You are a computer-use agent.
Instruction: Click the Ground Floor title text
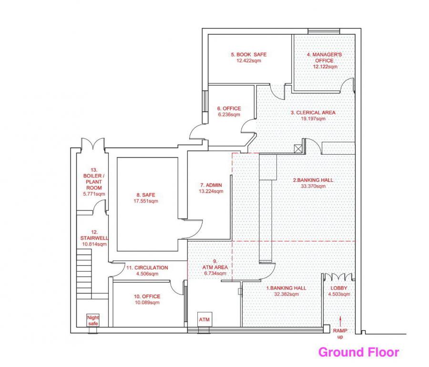click(x=358, y=352)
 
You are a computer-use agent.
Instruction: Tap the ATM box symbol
click(x=204, y=319)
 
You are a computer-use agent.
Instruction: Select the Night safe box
click(x=93, y=320)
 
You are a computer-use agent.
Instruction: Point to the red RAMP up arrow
click(x=340, y=322)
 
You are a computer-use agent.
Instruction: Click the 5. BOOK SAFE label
click(x=249, y=54)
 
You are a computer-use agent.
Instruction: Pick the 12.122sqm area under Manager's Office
click(x=325, y=66)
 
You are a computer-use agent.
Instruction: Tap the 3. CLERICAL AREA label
click(x=313, y=113)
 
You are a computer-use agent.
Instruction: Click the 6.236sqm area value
click(x=229, y=115)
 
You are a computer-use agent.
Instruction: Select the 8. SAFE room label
click(x=146, y=195)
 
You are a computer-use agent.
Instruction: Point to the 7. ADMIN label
click(x=211, y=185)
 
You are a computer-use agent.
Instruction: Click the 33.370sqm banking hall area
click(x=313, y=186)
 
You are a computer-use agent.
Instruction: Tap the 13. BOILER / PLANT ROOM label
click(x=94, y=179)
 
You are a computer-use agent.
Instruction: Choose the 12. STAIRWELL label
click(x=94, y=235)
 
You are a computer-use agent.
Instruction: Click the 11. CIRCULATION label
click(x=147, y=268)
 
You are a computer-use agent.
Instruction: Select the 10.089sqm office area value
click(x=147, y=303)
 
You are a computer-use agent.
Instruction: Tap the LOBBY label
click(x=339, y=288)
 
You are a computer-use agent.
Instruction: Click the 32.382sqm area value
click(x=286, y=294)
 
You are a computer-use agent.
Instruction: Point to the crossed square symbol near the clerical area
click(x=297, y=149)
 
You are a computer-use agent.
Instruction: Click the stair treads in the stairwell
click(x=84, y=273)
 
